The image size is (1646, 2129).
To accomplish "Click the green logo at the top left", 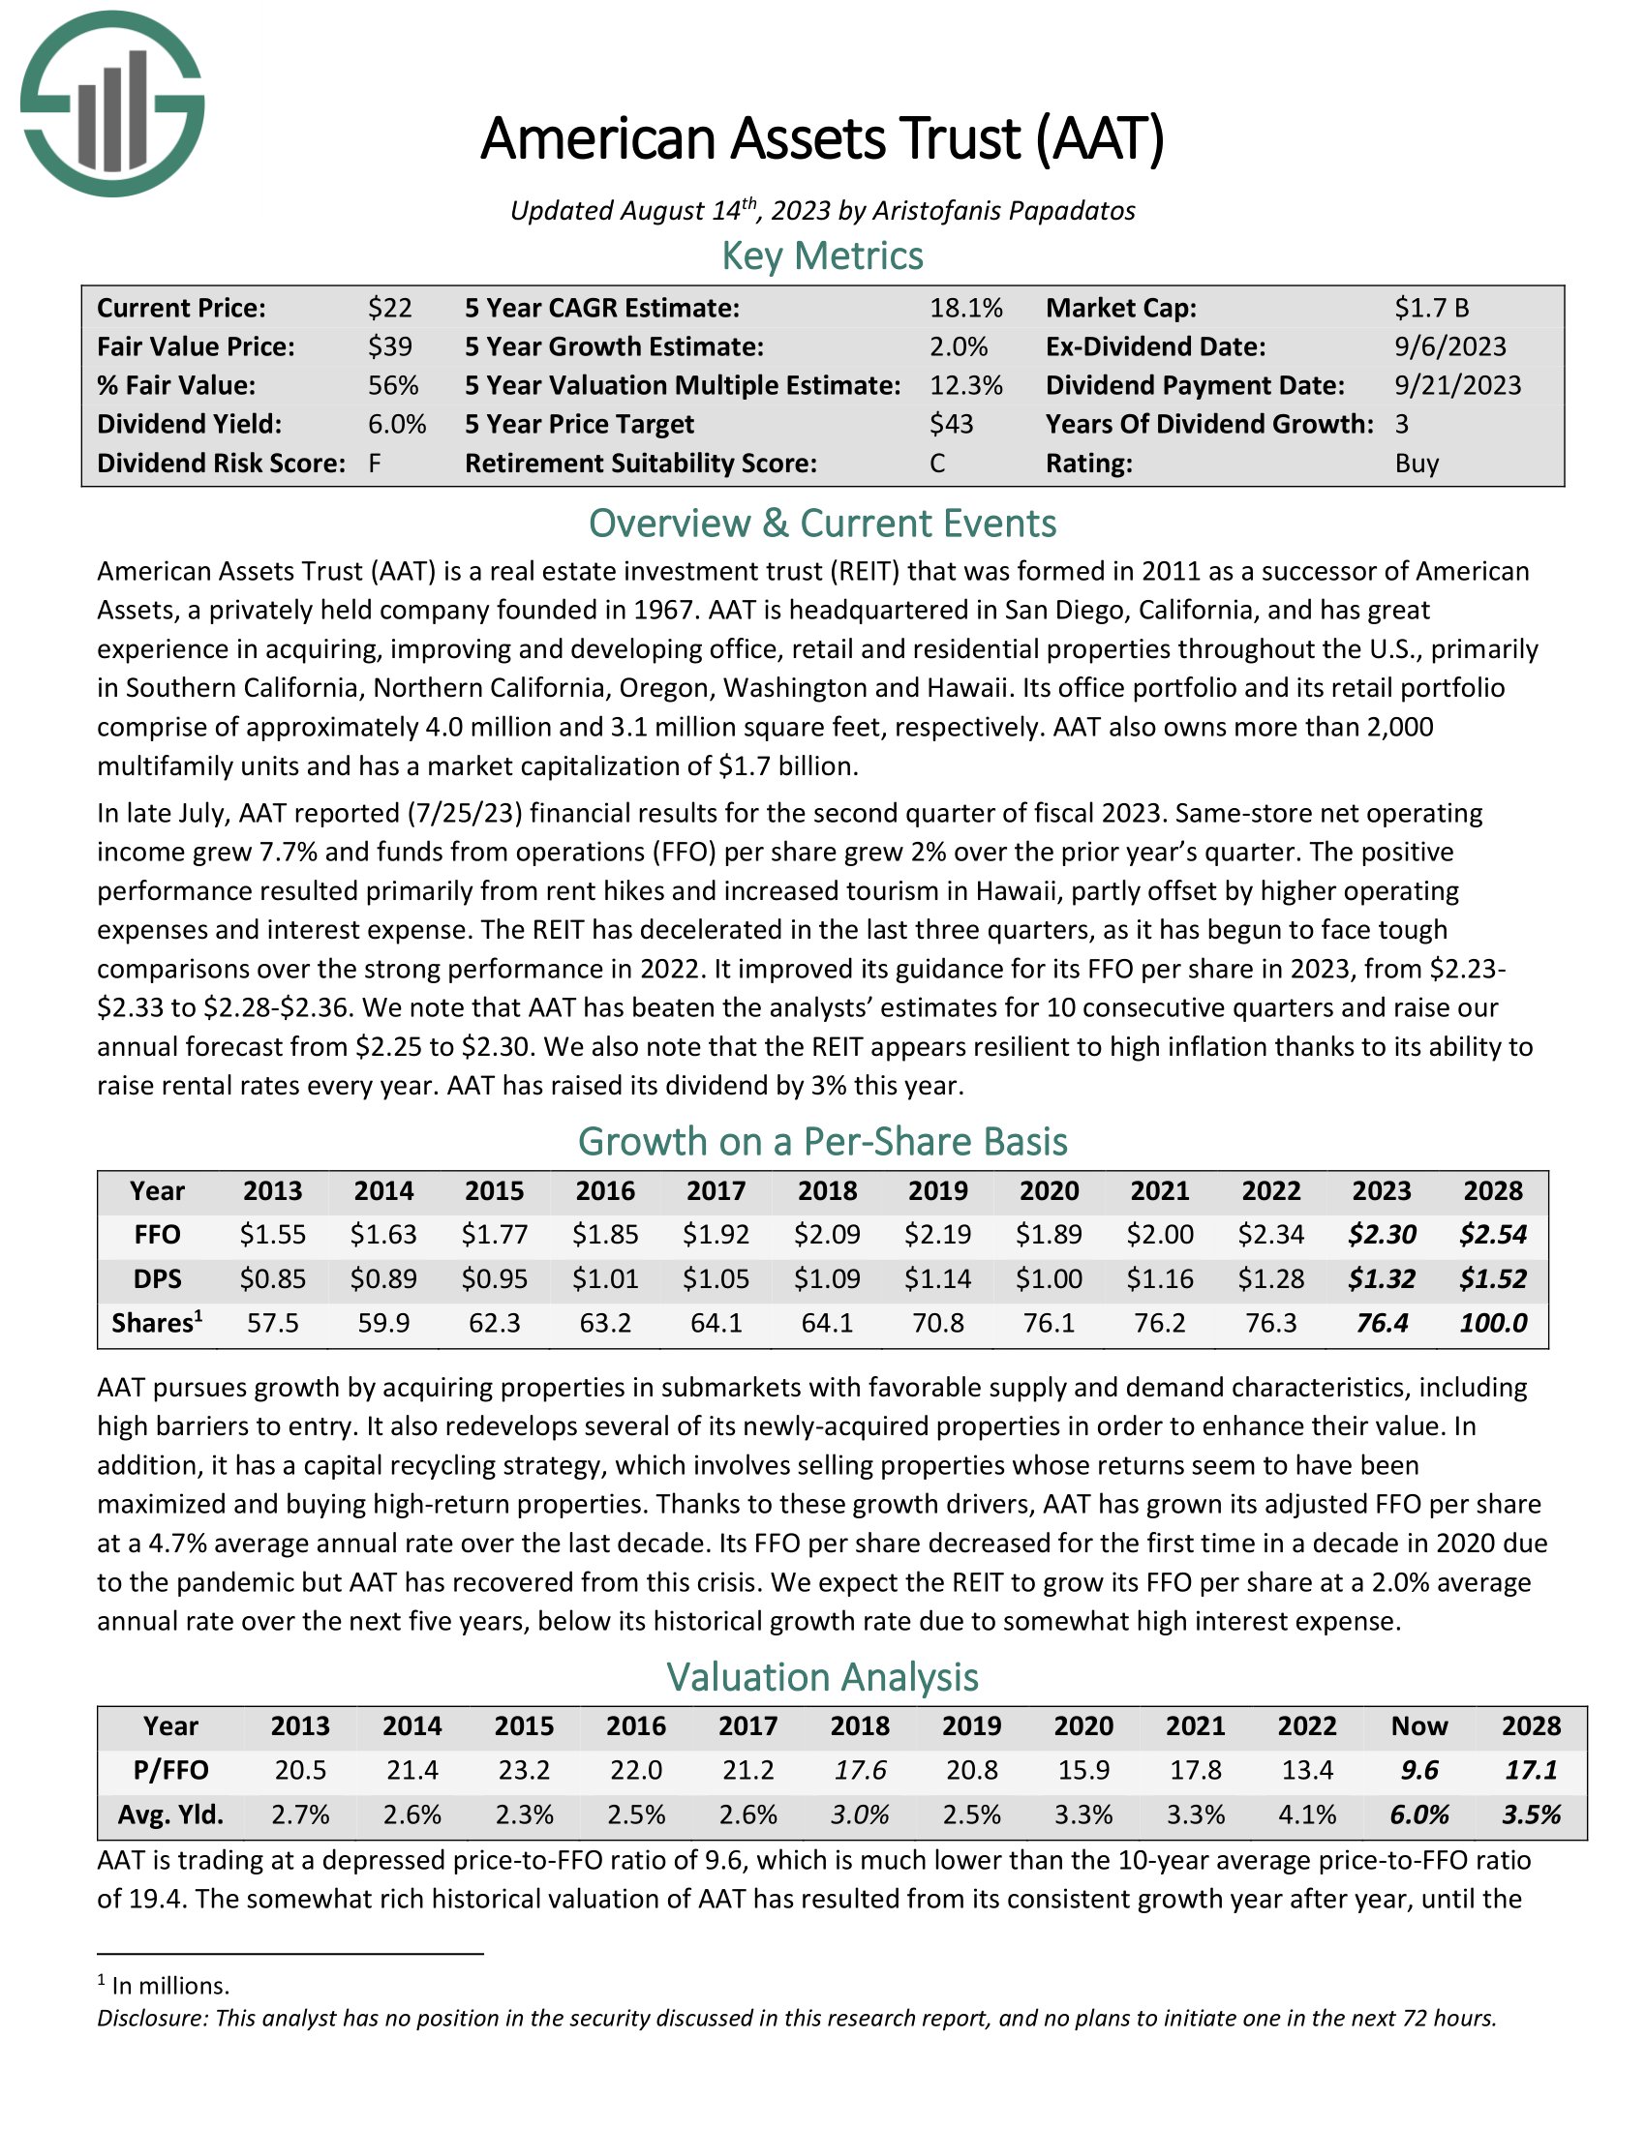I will [112, 105].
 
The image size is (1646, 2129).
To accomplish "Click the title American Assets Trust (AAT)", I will [822, 138].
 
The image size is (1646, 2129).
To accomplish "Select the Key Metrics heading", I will [822, 255].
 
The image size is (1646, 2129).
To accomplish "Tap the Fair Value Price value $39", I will [390, 347].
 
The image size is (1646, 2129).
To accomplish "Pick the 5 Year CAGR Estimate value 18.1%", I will [965, 308].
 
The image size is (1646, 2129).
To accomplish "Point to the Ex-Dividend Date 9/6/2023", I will [1450, 347].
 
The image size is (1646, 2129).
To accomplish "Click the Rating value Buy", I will [1417, 463].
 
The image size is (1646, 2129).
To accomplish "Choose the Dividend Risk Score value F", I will [375, 463].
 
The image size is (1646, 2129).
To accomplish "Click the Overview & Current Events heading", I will [822, 524].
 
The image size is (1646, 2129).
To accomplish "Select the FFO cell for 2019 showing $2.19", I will [938, 1235].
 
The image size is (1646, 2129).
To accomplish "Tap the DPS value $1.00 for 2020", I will [1050, 1279].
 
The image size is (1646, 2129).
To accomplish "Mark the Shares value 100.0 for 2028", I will [1493, 1323].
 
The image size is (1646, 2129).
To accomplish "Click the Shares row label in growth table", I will [157, 1323].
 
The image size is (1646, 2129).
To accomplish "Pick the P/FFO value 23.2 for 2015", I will [524, 1769].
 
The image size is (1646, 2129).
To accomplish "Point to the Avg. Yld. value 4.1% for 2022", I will [1307, 1814].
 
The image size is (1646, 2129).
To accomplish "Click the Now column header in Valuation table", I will [1418, 1725].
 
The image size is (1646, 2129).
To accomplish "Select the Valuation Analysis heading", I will [822, 1677].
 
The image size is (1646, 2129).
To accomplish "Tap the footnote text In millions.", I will [169, 1985].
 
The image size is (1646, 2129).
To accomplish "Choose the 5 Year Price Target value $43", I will [952, 424].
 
